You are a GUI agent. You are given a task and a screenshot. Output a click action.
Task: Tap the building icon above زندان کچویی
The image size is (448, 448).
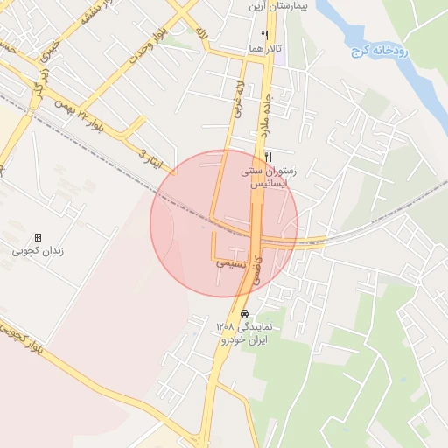38,237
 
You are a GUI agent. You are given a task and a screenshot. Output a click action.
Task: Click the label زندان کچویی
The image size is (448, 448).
38,251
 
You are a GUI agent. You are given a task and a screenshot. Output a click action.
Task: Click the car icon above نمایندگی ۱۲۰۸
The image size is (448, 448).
244,312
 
